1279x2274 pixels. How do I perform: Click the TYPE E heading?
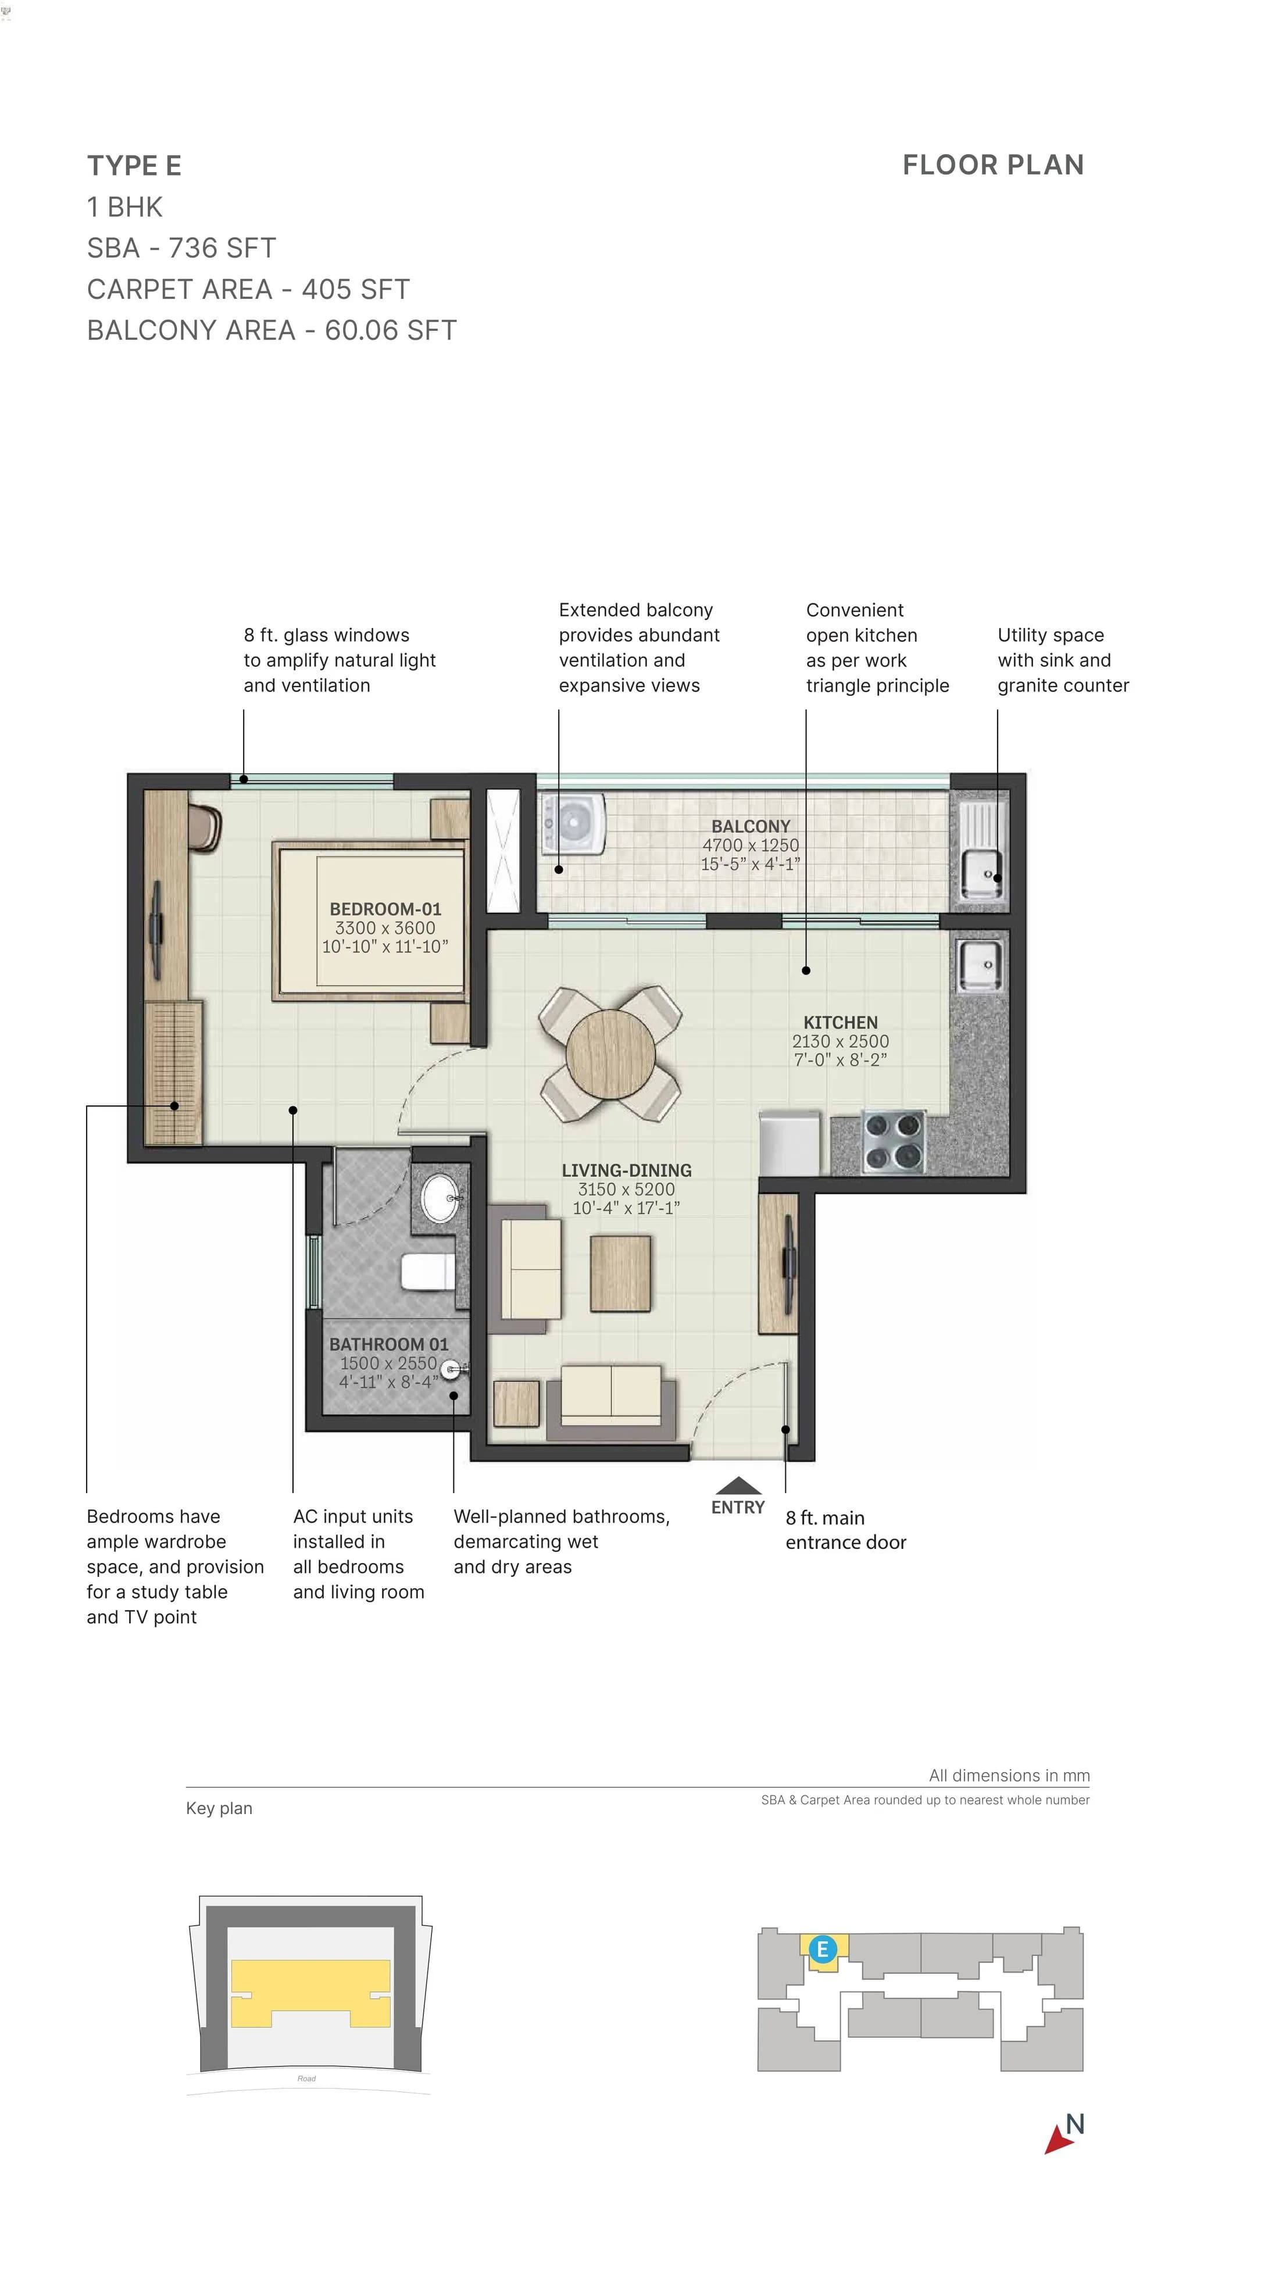click(x=134, y=166)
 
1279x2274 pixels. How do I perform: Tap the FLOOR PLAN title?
click(x=992, y=165)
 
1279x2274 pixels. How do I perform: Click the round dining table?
click(x=610, y=1053)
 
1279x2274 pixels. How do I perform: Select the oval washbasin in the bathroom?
click(x=439, y=1198)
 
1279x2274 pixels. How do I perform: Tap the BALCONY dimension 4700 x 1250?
click(x=751, y=845)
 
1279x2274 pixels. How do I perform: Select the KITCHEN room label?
click(x=839, y=1022)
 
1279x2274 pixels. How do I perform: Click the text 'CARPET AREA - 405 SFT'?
click(x=248, y=290)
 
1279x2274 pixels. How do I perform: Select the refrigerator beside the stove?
click(x=789, y=1143)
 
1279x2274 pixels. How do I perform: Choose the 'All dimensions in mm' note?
click(x=1008, y=1775)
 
